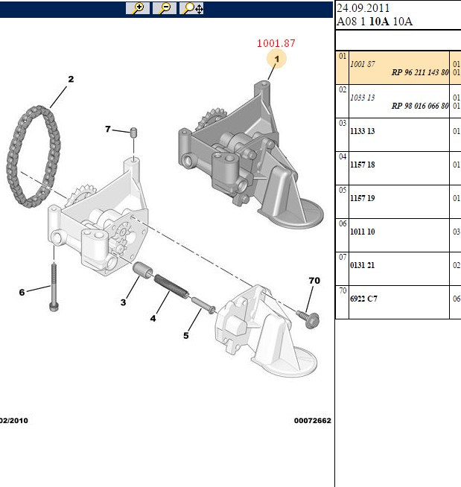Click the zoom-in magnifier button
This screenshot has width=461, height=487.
[138, 8]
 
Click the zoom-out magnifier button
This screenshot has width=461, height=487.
[165, 8]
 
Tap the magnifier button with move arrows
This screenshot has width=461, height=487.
[191, 8]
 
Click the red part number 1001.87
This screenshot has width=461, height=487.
[276, 43]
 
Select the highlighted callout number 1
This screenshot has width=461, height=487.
[276, 59]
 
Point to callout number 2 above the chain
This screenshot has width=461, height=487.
[71, 79]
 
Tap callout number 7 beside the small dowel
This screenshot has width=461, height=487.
[108, 129]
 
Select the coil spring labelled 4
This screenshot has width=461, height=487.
[171, 286]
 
